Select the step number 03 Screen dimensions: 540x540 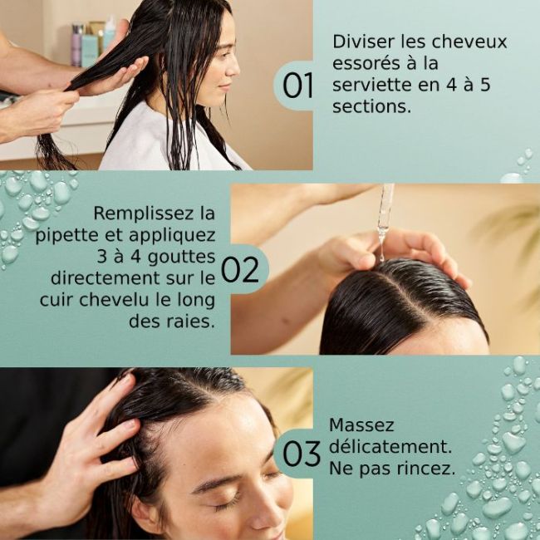pyautogui.click(x=301, y=454)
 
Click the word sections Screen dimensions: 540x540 pyautogui.click(x=371, y=107)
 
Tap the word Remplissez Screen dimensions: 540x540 pyautogui.click(x=155, y=212)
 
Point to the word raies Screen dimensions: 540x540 pyautogui.click(x=191, y=320)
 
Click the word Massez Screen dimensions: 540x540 pyautogui.click(x=361, y=425)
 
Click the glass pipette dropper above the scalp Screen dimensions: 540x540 pyautogui.click(x=385, y=213)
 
